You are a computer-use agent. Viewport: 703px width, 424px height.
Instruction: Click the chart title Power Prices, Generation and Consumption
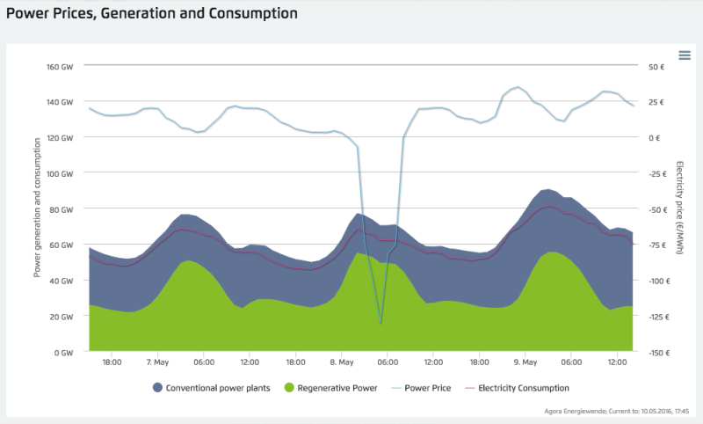[x=157, y=14]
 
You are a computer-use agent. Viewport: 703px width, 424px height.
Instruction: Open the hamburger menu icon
[x=685, y=55]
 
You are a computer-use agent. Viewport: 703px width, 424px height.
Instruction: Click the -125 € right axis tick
[x=659, y=317]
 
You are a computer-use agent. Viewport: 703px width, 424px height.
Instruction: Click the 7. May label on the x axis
[x=158, y=362]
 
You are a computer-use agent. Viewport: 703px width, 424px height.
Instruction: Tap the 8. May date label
[x=342, y=362]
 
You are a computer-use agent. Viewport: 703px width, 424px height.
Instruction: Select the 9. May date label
[x=525, y=362]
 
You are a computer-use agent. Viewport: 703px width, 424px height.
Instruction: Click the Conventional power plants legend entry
[x=214, y=387]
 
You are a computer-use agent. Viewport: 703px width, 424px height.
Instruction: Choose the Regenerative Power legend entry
[x=330, y=387]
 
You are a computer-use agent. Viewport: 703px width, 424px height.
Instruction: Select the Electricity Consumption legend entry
[x=518, y=387]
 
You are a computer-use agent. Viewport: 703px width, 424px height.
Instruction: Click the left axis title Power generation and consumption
[x=38, y=209]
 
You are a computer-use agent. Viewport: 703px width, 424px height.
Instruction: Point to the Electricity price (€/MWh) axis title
[x=681, y=209]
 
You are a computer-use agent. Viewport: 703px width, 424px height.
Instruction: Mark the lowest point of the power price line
[x=380, y=323]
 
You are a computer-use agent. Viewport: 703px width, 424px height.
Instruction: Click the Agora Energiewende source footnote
[x=620, y=409]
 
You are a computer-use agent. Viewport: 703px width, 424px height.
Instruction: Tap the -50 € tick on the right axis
[x=657, y=209]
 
